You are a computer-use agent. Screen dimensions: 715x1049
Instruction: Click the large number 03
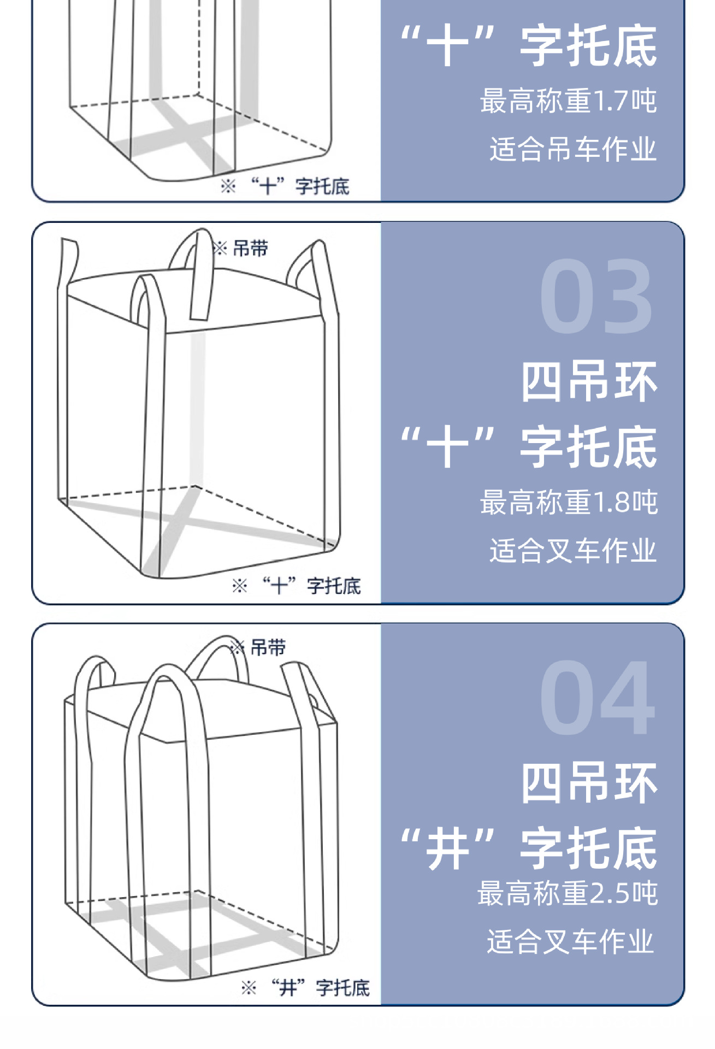[x=596, y=296]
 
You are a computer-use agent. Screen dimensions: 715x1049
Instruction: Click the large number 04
[x=597, y=697]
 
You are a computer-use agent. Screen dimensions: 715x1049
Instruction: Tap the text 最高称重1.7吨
[x=569, y=101]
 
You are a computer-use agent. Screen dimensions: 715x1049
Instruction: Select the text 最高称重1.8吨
[x=569, y=502]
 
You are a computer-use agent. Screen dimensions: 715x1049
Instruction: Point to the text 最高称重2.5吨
[x=568, y=893]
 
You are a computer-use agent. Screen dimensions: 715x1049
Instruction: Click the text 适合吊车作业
[x=573, y=149]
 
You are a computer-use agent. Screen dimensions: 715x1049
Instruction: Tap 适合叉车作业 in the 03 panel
[x=573, y=550]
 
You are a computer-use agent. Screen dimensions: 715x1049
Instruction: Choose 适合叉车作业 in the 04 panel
[x=571, y=941]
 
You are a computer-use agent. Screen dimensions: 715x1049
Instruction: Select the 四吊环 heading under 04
[x=589, y=783]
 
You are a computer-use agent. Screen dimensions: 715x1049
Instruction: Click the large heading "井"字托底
[x=529, y=847]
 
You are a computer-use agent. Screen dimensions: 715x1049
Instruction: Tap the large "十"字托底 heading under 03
[x=529, y=447]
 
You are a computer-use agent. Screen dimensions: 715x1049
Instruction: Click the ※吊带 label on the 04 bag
[x=258, y=648]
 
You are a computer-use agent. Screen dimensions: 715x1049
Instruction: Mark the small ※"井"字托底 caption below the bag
[x=305, y=988]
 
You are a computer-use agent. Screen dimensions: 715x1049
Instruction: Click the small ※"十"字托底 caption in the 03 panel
[x=297, y=586]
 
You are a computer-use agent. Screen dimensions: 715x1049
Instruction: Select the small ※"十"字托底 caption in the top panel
[x=285, y=186]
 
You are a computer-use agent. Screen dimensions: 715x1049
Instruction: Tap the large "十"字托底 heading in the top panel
[x=529, y=46]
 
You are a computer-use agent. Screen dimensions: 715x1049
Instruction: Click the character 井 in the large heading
[x=448, y=848]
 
